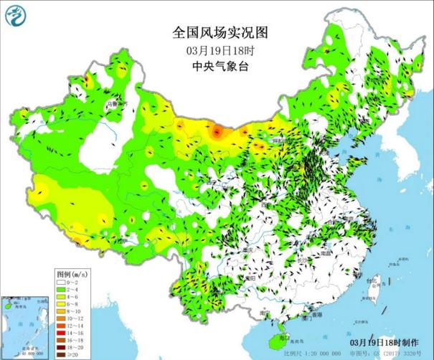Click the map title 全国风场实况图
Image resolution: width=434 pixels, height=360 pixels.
(x=220, y=33)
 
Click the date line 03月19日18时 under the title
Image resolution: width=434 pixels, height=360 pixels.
(x=220, y=50)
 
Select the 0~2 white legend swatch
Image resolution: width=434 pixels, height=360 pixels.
(x=62, y=282)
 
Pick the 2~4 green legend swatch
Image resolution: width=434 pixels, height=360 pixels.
(x=62, y=289)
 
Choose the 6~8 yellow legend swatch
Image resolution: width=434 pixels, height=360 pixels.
(x=62, y=303)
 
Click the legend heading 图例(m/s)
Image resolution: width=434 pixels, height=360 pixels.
(x=72, y=274)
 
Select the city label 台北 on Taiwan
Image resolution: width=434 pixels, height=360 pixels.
(x=372, y=280)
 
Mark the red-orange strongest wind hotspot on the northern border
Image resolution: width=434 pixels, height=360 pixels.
(x=217, y=131)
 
